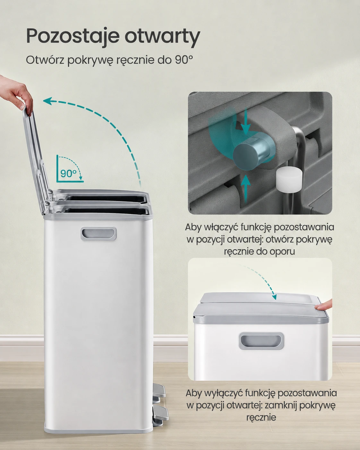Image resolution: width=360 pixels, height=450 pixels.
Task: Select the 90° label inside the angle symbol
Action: (x=68, y=173)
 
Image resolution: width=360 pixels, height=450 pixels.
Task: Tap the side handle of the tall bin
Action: (x=99, y=233)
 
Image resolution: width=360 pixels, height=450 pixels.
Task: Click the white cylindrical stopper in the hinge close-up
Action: (x=289, y=178)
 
